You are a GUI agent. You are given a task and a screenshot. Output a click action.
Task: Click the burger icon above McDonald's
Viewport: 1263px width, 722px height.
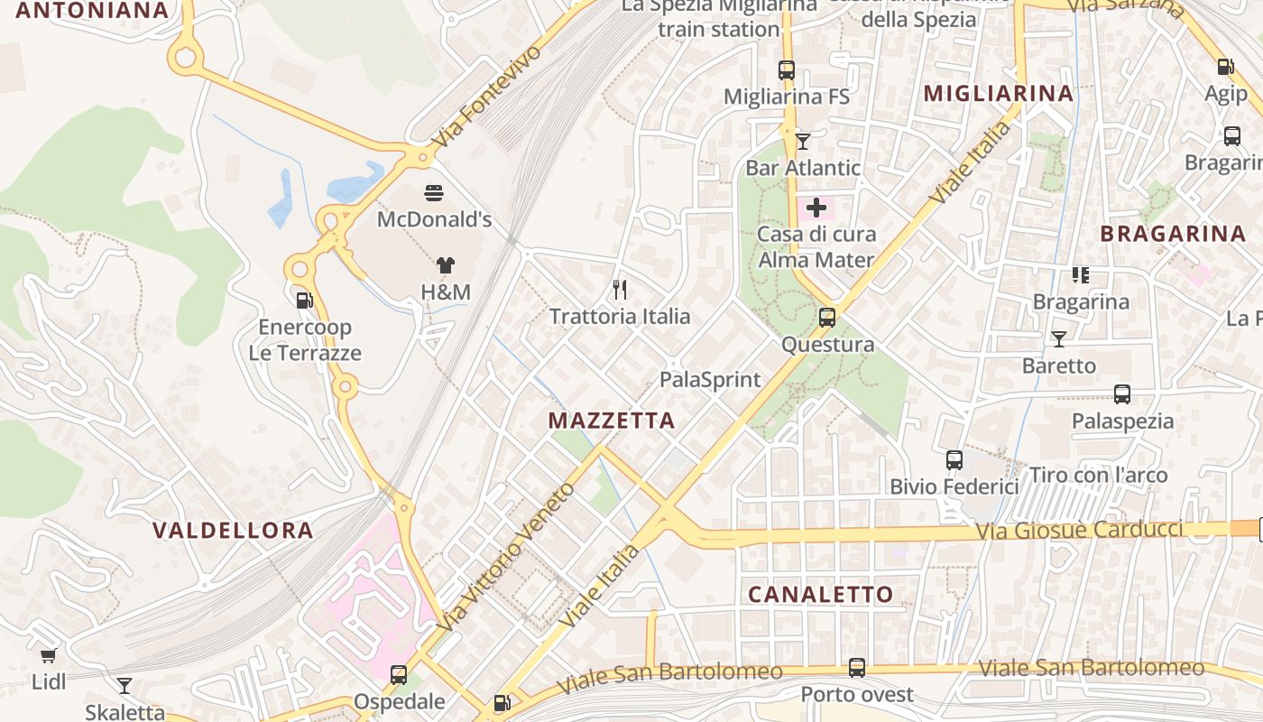(x=434, y=192)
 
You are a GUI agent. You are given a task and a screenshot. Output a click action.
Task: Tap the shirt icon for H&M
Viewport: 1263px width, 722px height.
(x=446, y=265)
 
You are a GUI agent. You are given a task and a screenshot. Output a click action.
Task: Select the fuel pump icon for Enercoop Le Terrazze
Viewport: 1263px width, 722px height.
(x=304, y=301)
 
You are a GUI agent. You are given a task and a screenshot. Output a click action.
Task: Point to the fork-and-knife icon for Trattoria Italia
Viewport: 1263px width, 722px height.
(x=620, y=289)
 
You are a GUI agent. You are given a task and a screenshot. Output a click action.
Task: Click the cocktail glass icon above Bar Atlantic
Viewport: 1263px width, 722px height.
(x=803, y=141)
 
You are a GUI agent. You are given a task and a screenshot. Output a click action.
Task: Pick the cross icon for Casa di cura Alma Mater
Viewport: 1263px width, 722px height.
(x=816, y=208)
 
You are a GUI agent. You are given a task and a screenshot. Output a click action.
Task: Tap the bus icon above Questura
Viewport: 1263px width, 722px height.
(x=827, y=318)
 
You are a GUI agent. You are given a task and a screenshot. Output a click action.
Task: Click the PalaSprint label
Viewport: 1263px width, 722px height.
(x=711, y=379)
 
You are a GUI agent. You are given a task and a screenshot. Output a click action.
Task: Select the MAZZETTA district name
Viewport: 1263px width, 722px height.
(x=612, y=421)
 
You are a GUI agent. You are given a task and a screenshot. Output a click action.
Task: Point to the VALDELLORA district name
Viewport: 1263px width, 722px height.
(x=233, y=530)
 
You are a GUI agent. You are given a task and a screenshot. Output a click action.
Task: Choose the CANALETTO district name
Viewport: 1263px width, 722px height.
(x=821, y=594)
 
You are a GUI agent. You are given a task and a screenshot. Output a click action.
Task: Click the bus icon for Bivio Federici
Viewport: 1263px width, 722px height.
(x=954, y=460)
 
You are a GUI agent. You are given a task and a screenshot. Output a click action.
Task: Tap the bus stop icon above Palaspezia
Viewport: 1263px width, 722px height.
(x=1122, y=394)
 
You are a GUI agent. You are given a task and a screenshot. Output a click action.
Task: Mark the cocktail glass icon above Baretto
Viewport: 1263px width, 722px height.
(x=1059, y=339)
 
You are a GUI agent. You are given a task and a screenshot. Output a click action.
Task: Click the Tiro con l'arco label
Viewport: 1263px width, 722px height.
(x=1099, y=475)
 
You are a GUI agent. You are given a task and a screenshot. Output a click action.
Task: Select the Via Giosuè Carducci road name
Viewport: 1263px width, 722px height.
(x=1079, y=530)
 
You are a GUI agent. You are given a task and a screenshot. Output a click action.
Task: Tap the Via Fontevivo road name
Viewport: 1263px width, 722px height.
(x=487, y=97)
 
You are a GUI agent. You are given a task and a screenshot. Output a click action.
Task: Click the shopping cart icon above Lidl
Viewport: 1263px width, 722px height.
(x=49, y=655)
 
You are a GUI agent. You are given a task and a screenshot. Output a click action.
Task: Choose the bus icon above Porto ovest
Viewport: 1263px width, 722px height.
(x=857, y=668)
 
